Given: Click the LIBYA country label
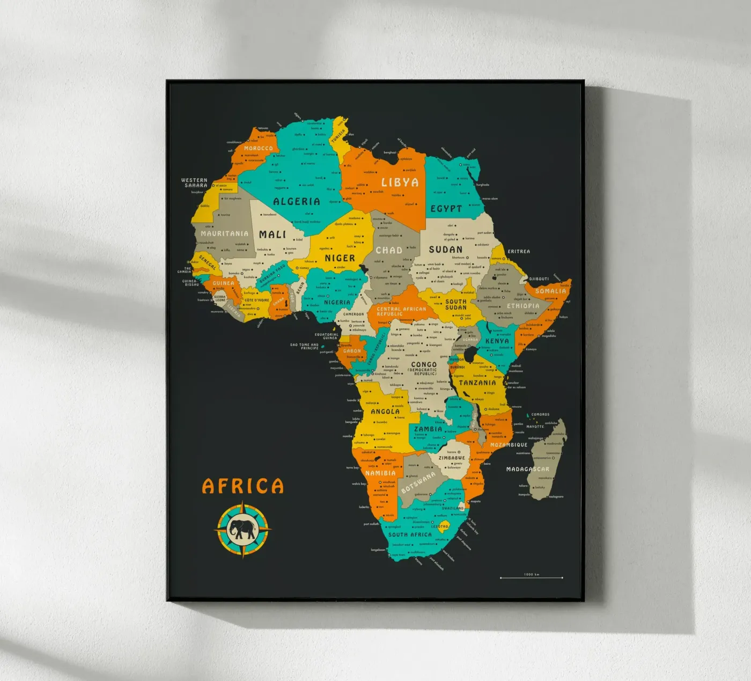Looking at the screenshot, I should click(400, 182).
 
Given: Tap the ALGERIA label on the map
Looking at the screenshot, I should click(296, 202).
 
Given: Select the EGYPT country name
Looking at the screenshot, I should click(446, 209).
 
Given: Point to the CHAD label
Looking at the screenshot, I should click(389, 250).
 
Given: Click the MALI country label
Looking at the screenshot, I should click(273, 235).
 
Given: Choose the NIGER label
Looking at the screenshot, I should click(340, 258).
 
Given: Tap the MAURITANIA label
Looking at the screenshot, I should click(224, 233).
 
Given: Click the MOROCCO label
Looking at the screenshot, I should click(258, 149).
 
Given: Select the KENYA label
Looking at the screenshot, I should click(497, 341).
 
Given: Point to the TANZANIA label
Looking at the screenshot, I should click(477, 383).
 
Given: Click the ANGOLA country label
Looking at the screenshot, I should click(385, 412).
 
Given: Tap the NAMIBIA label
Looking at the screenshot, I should click(380, 473).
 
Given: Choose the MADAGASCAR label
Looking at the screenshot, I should click(527, 469).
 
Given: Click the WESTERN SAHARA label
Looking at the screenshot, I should click(194, 183).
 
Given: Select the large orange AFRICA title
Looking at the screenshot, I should click(242, 486).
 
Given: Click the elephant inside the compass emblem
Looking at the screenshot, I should click(242, 530).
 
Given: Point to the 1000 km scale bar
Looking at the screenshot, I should click(531, 577).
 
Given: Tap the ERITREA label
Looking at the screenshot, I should click(519, 252).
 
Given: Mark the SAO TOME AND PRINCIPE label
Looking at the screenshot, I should click(304, 347).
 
